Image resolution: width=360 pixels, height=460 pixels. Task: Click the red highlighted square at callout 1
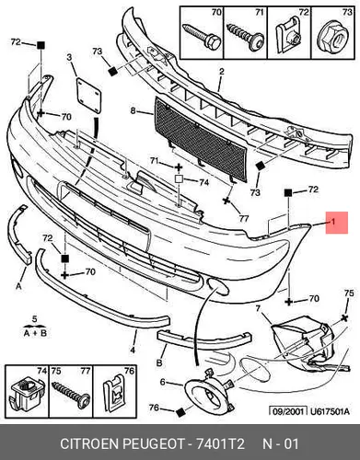coord(337,223)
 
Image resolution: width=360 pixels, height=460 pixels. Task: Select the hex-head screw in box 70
coord(202,36)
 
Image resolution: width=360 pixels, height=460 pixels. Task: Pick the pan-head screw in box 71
coord(246,37)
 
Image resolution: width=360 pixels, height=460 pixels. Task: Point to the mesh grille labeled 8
coord(201,139)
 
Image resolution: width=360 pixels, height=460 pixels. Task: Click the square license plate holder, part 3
coord(88,95)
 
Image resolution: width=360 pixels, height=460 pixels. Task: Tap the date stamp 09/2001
coord(288,411)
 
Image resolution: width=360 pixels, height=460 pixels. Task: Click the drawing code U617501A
coord(330,411)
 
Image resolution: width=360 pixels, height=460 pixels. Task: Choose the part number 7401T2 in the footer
coord(220,443)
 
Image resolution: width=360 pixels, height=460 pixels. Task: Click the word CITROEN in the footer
coord(90,443)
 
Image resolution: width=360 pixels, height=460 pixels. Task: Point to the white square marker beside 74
coord(179,179)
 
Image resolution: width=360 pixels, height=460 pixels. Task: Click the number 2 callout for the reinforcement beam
coord(221,72)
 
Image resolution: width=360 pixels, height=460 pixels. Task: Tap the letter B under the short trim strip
coord(159,362)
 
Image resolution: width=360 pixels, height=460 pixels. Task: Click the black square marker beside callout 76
coord(180,412)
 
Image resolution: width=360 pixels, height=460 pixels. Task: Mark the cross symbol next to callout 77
coord(226,201)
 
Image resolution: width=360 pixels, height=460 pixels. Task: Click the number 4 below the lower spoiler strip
coord(133,350)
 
